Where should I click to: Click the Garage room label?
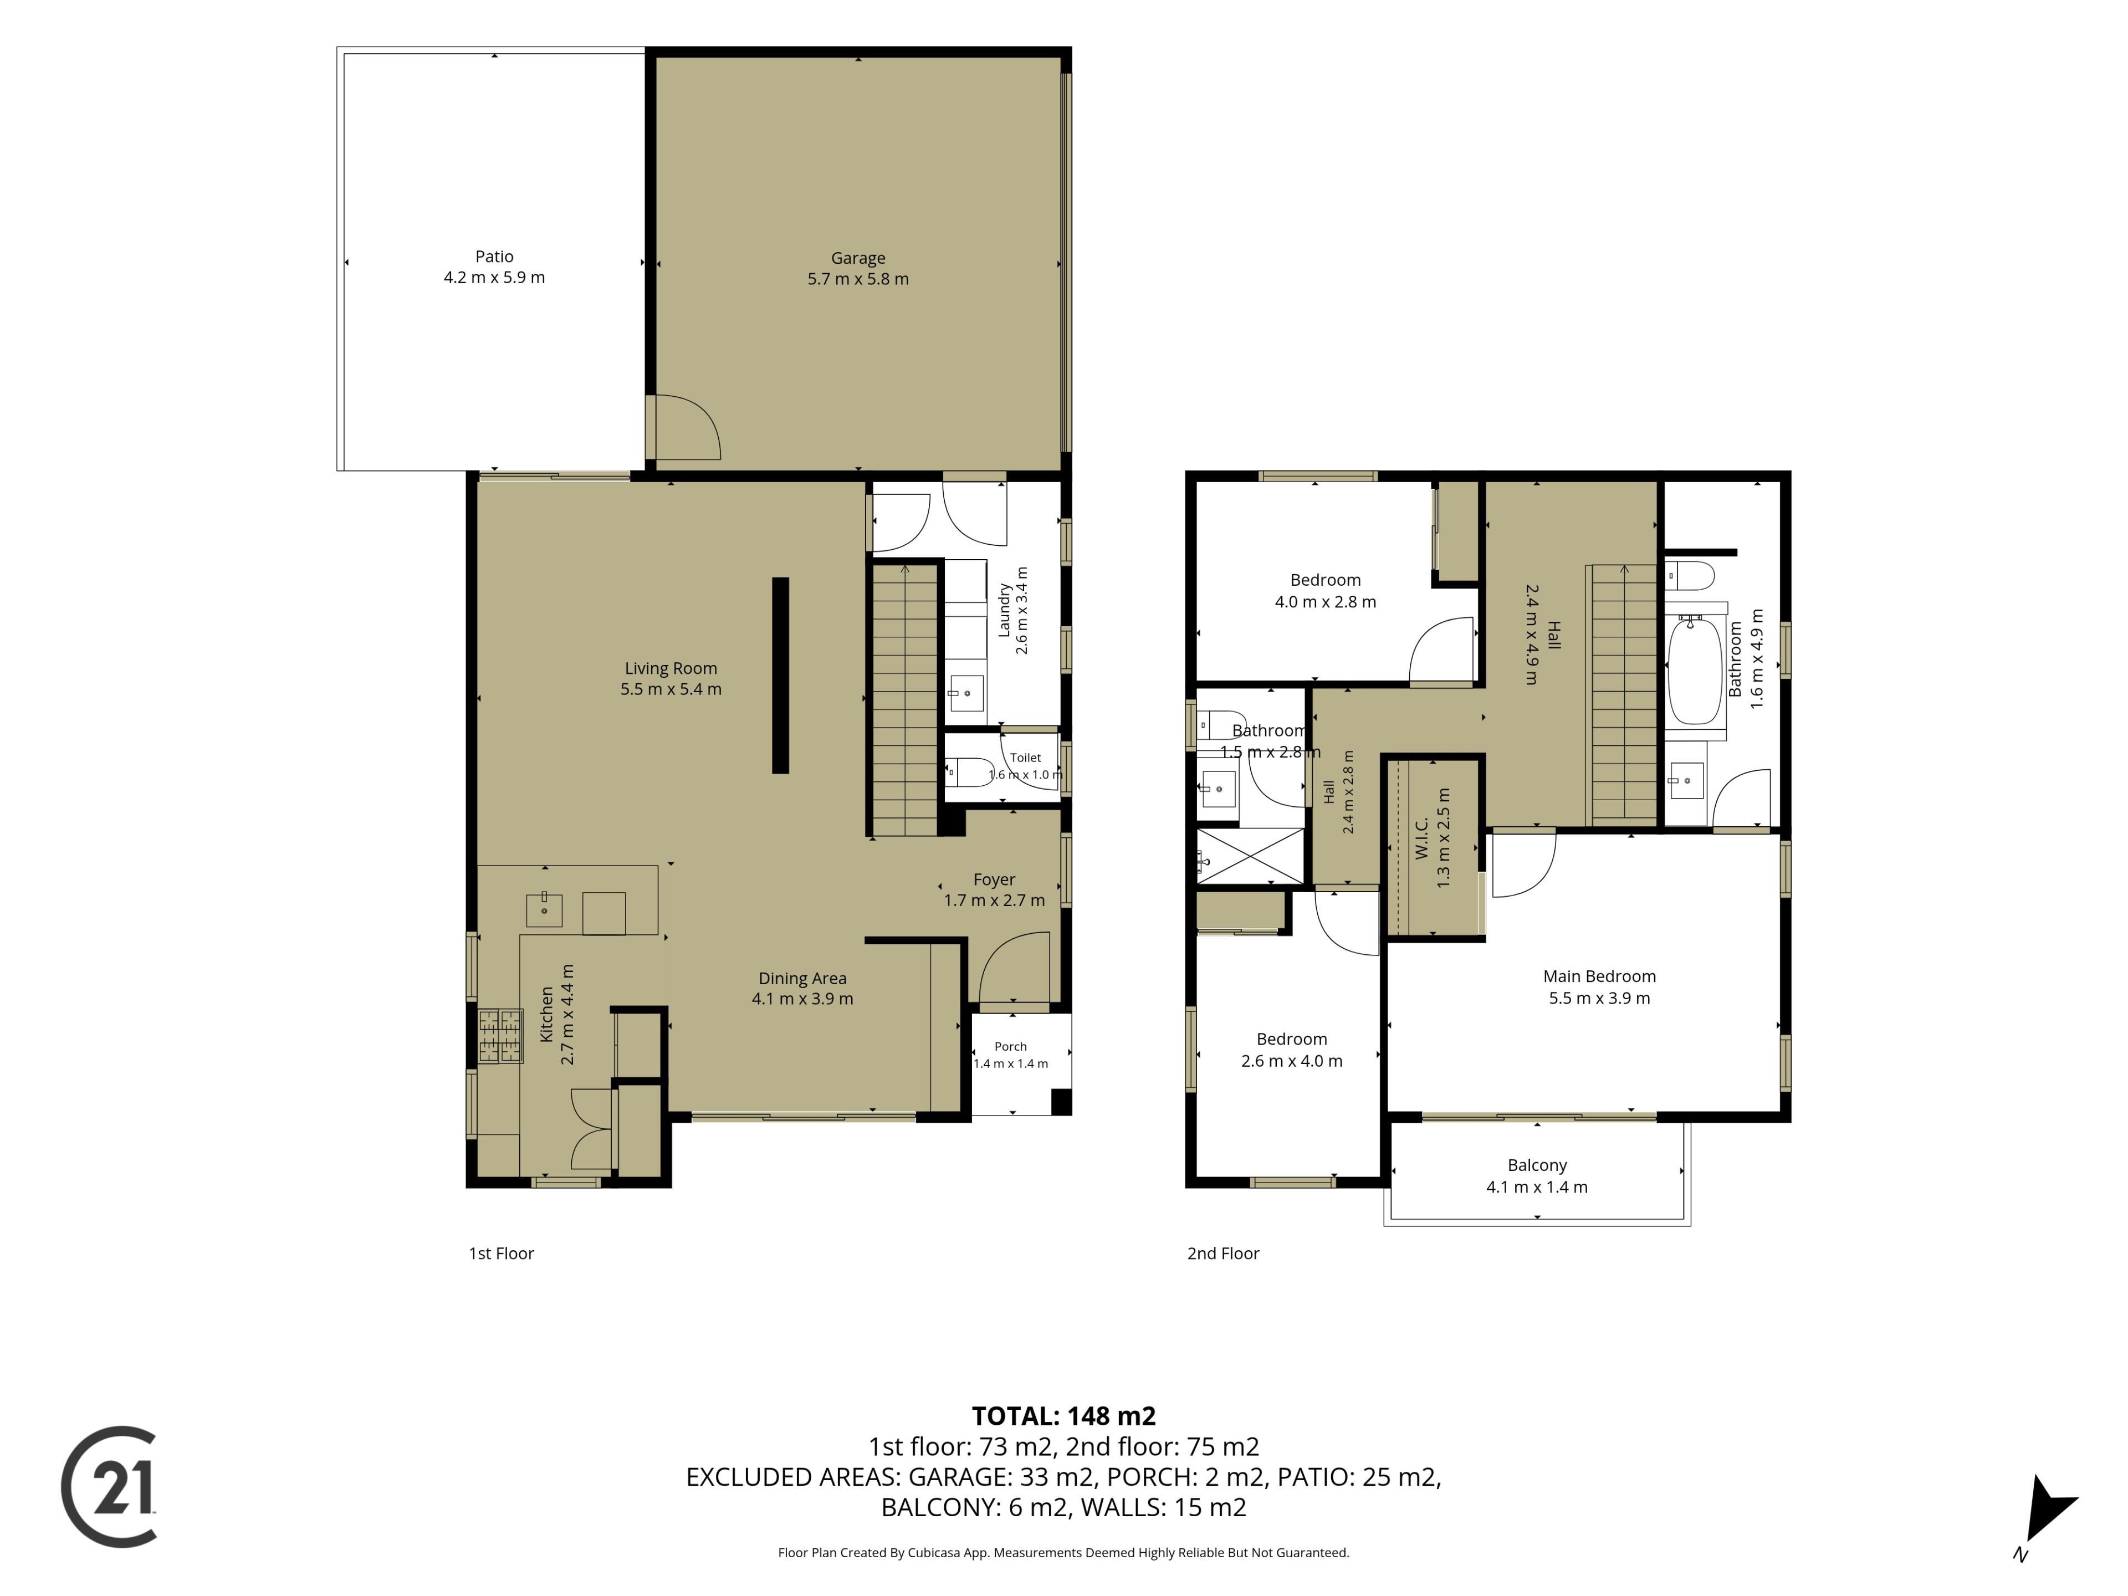[857, 258]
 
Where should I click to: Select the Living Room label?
[671, 669]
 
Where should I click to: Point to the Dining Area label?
[802, 978]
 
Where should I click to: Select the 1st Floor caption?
[501, 1254]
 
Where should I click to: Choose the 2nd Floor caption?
[1222, 1254]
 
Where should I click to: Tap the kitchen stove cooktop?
[500, 1036]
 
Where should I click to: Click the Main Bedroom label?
[1599, 976]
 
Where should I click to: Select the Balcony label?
[1536, 1165]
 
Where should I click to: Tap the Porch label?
[1010, 1047]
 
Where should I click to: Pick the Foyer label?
[994, 879]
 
